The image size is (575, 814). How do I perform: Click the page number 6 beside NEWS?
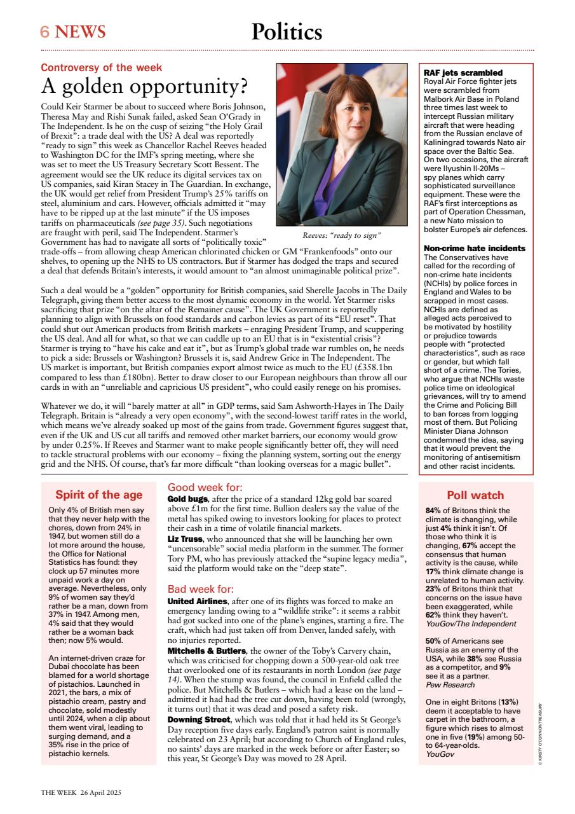46,32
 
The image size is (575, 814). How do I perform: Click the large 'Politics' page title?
287,31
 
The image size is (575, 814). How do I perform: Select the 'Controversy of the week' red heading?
102,67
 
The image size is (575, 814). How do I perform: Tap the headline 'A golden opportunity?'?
144,86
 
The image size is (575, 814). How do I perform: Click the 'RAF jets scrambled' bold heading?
463,73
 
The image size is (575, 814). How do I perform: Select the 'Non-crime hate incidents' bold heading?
475,248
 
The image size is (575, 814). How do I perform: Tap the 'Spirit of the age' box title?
98,495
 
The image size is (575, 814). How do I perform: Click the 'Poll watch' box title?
475,495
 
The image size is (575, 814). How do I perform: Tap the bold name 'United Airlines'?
197,601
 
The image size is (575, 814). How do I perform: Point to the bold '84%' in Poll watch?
433,511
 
